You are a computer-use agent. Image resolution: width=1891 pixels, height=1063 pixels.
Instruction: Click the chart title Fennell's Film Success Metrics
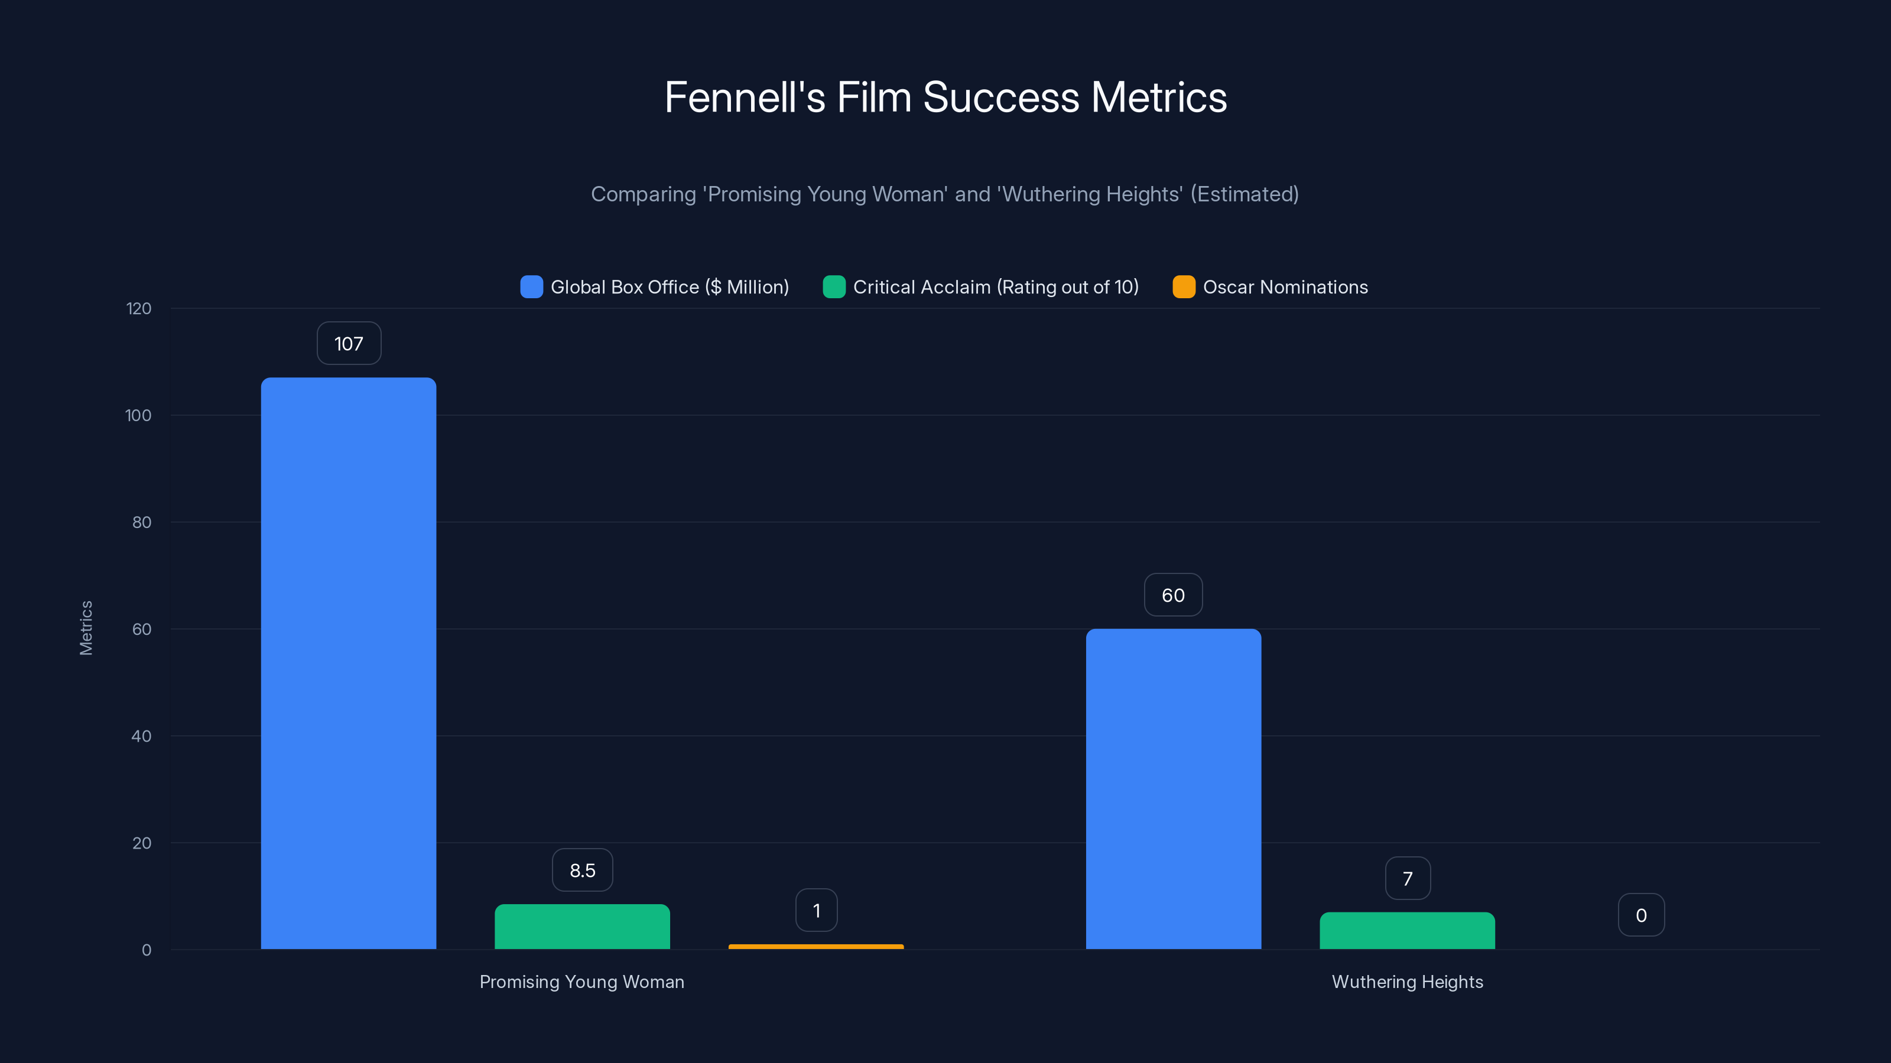point(945,97)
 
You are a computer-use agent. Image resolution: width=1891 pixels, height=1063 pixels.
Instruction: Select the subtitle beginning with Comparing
point(945,194)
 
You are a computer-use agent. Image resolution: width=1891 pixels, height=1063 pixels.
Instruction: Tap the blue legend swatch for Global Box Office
point(531,287)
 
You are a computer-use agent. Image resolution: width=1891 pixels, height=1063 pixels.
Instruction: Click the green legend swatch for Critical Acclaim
point(834,287)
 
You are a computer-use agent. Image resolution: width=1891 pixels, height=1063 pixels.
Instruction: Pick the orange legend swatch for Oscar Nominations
point(1183,287)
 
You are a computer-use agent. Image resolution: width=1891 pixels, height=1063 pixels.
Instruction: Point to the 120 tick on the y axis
point(139,309)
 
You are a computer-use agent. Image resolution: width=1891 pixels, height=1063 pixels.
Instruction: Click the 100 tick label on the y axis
point(139,416)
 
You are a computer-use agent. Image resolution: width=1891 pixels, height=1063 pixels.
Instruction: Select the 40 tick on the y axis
point(141,736)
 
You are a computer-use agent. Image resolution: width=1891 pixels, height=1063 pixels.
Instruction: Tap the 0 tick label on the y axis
point(146,950)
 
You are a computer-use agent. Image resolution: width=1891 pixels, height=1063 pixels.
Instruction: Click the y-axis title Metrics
point(86,628)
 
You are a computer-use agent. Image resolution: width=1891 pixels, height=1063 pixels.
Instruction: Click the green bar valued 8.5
point(582,927)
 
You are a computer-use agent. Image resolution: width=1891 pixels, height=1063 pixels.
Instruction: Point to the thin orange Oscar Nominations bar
point(815,946)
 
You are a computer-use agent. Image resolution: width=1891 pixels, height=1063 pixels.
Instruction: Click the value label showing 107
point(349,343)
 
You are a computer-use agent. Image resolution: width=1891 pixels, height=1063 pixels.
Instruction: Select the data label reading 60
point(1173,595)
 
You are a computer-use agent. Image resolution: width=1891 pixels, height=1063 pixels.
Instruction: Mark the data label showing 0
point(1640,915)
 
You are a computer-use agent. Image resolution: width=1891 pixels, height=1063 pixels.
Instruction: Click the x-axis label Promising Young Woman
point(581,982)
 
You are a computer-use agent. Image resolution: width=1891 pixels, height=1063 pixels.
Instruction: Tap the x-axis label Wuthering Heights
point(1407,982)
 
